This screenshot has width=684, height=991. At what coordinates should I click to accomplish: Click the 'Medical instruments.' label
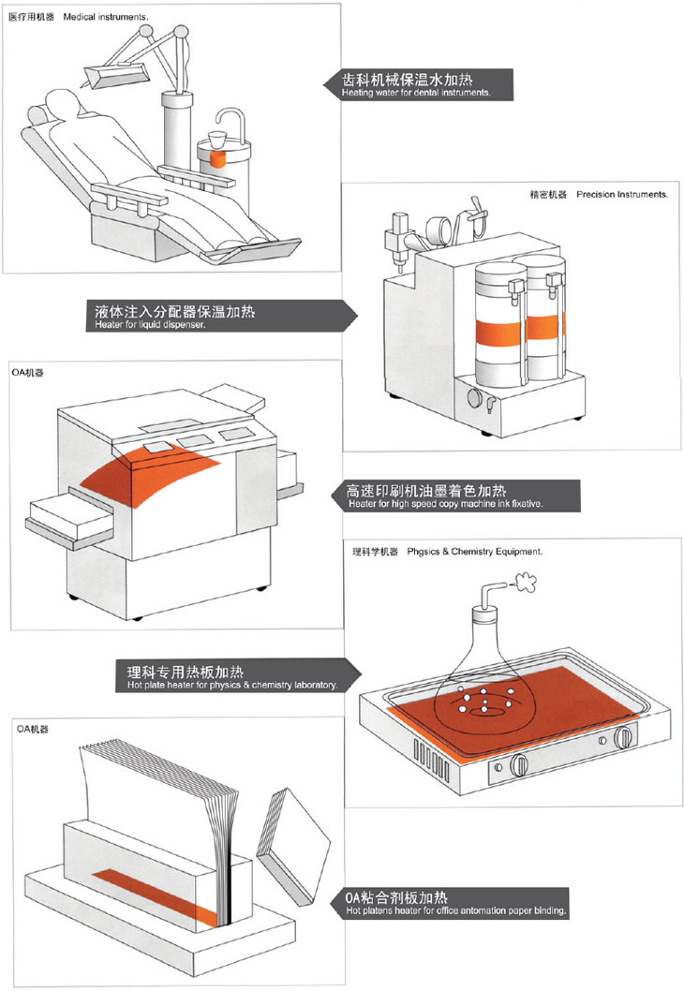106,18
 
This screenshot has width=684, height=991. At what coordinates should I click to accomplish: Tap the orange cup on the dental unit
218,156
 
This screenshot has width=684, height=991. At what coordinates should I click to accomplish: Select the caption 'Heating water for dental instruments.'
415,94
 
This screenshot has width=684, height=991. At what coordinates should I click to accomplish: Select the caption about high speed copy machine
445,504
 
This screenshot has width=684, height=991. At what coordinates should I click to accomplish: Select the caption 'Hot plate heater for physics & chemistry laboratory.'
231,686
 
